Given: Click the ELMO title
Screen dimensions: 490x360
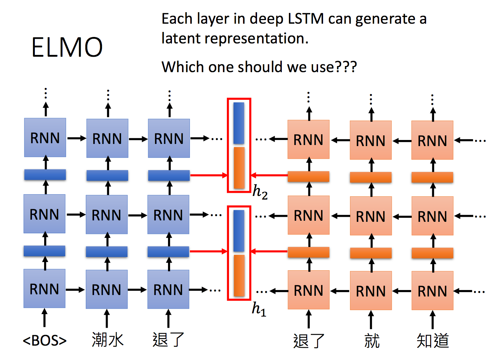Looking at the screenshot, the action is click(x=67, y=47).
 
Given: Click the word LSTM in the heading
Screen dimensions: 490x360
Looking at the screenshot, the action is click(x=305, y=19).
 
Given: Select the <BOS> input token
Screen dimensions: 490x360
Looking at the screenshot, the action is click(x=45, y=341).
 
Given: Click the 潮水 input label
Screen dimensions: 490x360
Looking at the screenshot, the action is click(x=107, y=340).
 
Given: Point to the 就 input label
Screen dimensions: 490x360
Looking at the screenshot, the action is click(x=372, y=341).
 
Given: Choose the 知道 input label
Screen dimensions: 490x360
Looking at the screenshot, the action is click(x=433, y=341).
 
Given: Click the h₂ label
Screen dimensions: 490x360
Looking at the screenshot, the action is click(x=260, y=192).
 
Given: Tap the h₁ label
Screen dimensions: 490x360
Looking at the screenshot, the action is click(x=259, y=309).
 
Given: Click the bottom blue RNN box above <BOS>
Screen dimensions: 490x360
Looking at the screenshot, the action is click(x=45, y=289).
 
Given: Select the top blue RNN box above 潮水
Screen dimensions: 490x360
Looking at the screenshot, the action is click(x=107, y=138).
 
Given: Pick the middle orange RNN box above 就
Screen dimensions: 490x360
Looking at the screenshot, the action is click(x=371, y=216).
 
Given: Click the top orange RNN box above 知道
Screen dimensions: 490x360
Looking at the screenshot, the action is click(x=432, y=140).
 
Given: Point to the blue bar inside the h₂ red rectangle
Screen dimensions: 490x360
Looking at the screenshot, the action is click(x=239, y=123).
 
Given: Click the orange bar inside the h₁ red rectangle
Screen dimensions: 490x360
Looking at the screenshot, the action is click(x=239, y=276).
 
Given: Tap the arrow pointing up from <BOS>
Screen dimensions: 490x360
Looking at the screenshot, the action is click(x=45, y=318).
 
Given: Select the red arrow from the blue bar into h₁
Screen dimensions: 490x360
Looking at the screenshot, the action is click(x=209, y=251).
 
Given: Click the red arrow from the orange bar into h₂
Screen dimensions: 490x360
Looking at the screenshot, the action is click(x=269, y=175).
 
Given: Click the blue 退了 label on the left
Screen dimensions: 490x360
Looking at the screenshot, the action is click(x=168, y=340).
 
